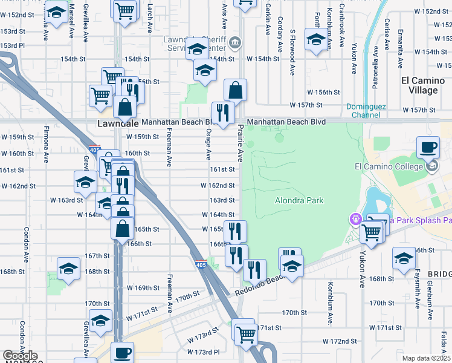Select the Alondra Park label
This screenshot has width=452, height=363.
pyautogui.click(x=299, y=200)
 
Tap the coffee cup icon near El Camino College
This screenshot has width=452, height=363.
pyautogui.click(x=428, y=147)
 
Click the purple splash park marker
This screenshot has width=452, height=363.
pyautogui.click(x=355, y=218)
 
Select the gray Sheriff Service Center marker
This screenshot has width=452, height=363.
pyautogui.click(x=235, y=43)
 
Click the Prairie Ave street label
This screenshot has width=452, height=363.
pyautogui.click(x=240, y=148)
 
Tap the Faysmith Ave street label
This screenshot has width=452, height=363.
pyautogui.click(x=419, y=293)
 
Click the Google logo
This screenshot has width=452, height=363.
pyautogui.click(x=20, y=356)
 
